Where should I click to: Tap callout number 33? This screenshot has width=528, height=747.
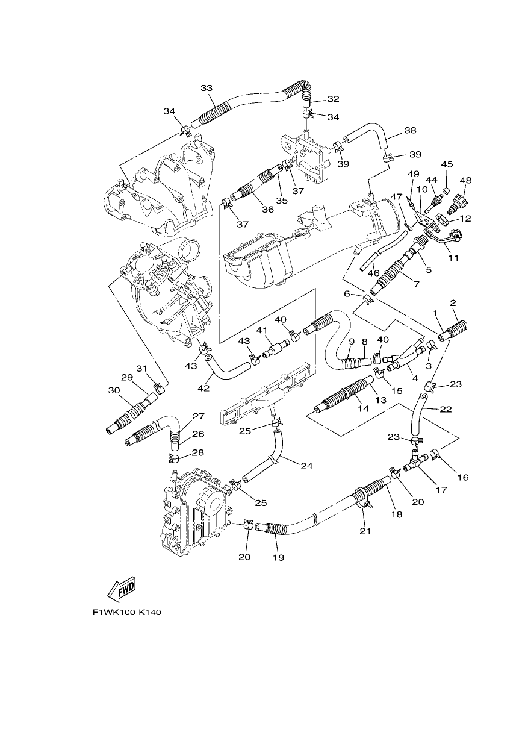tap(207, 88)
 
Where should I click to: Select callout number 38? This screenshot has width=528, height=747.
tap(411, 130)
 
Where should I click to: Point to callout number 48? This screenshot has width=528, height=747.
tap(465, 180)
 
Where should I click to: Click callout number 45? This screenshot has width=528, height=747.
tap(447, 164)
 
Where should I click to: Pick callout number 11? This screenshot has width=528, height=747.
tap(453, 258)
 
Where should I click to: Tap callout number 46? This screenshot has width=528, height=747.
tap(374, 273)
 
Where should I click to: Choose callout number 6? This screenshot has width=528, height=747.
tap(347, 293)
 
